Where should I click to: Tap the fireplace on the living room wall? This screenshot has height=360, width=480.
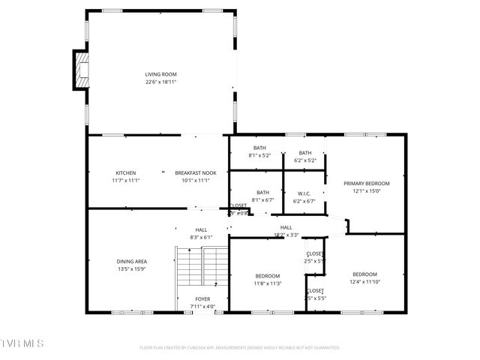[80, 68]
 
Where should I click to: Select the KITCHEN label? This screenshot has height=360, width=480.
[126, 172]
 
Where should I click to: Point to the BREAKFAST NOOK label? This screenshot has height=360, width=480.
[196, 172]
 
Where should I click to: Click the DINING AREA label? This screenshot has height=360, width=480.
[131, 261]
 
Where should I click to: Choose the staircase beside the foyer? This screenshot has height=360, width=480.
[202, 270]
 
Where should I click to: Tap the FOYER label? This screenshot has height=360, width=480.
[202, 299]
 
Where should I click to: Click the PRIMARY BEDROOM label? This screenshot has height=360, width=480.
[367, 183]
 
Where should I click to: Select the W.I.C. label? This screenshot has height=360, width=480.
[304, 193]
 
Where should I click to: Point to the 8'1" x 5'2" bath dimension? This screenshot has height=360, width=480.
[259, 156]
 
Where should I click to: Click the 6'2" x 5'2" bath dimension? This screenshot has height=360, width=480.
[305, 160]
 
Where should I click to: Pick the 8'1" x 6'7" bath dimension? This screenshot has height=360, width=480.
[262, 199]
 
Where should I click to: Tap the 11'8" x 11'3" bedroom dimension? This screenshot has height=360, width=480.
[267, 283]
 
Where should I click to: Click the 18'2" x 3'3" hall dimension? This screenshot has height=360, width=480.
[286, 235]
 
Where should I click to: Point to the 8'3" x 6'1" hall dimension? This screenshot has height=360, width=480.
[201, 237]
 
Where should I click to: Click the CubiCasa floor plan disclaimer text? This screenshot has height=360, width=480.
[240, 347]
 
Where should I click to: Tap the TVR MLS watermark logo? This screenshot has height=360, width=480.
[22, 343]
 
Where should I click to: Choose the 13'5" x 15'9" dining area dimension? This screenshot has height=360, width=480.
[131, 268]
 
